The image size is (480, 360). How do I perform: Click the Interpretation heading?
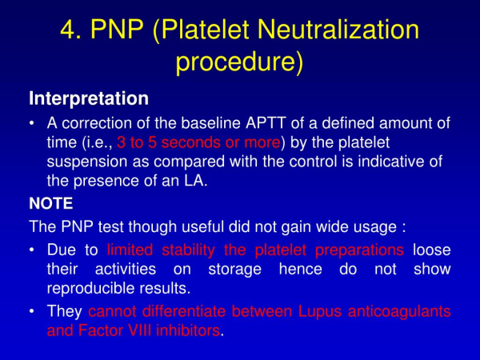tap(89, 99)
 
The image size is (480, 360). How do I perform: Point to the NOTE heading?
tap(51, 203)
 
